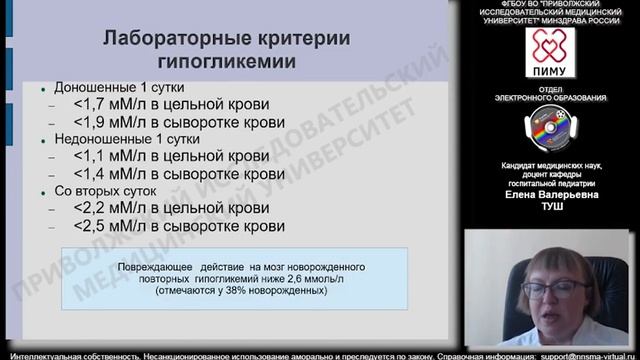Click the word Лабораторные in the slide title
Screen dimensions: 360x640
[166, 39]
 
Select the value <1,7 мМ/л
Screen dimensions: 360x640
[112, 104]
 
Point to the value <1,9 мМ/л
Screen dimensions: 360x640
[112, 122]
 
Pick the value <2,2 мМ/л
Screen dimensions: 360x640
[112, 208]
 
